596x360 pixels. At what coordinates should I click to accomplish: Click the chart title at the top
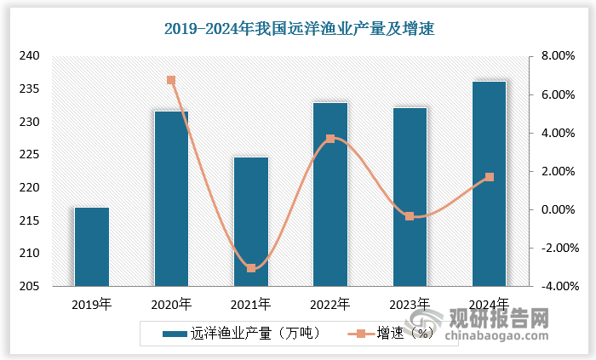click(299, 29)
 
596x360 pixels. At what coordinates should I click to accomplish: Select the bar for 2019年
click(92, 247)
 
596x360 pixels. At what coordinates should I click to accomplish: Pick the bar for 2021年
click(250, 221)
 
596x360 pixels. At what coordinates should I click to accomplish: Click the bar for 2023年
click(410, 197)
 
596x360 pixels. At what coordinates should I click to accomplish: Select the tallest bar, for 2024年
click(489, 184)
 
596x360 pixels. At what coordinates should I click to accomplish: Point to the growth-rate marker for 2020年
click(171, 81)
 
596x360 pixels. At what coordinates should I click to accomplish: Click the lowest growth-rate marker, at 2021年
click(251, 268)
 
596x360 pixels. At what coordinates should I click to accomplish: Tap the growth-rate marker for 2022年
click(330, 139)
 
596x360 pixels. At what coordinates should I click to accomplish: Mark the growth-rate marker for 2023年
click(410, 216)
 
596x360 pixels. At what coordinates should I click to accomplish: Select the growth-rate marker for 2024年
click(489, 177)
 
